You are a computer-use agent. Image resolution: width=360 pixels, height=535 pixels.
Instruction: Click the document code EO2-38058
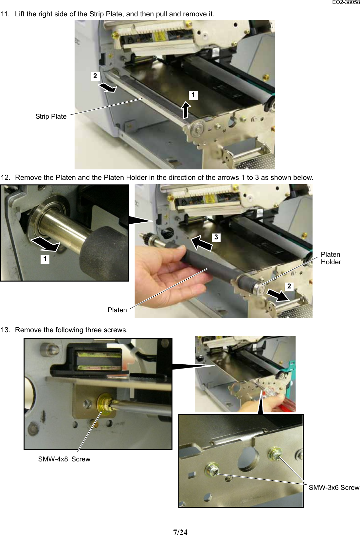coord(346,2)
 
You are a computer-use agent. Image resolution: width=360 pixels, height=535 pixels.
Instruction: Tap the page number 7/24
coord(180,532)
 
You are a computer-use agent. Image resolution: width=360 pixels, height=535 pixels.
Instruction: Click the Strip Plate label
coord(51,116)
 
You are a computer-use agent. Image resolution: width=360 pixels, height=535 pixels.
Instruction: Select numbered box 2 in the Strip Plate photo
coord(95,76)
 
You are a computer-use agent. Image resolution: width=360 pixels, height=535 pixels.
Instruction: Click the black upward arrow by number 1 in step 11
coord(186,110)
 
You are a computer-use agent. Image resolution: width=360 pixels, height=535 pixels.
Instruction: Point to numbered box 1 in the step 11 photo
coord(193,95)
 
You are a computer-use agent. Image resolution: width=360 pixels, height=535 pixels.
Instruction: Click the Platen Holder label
coord(331,258)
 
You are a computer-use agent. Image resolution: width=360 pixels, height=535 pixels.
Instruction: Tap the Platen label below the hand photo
coord(117,310)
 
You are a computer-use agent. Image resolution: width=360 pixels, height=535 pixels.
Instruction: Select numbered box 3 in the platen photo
coord(216,237)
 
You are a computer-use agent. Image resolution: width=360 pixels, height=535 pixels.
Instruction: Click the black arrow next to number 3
coord(201,244)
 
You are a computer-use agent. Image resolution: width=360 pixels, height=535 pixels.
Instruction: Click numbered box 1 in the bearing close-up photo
coord(45,259)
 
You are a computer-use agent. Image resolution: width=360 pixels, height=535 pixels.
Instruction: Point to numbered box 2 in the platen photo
coord(289,286)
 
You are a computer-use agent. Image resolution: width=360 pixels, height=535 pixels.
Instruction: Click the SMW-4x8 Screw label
coord(64,459)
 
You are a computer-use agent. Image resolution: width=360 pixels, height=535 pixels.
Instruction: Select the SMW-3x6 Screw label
coord(334,488)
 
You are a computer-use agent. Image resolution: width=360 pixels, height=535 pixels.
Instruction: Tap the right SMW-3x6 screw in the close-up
coord(275,454)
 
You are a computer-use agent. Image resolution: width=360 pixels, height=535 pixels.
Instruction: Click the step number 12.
coord(5,178)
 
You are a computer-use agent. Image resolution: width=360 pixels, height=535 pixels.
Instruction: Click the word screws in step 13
coord(117,330)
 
